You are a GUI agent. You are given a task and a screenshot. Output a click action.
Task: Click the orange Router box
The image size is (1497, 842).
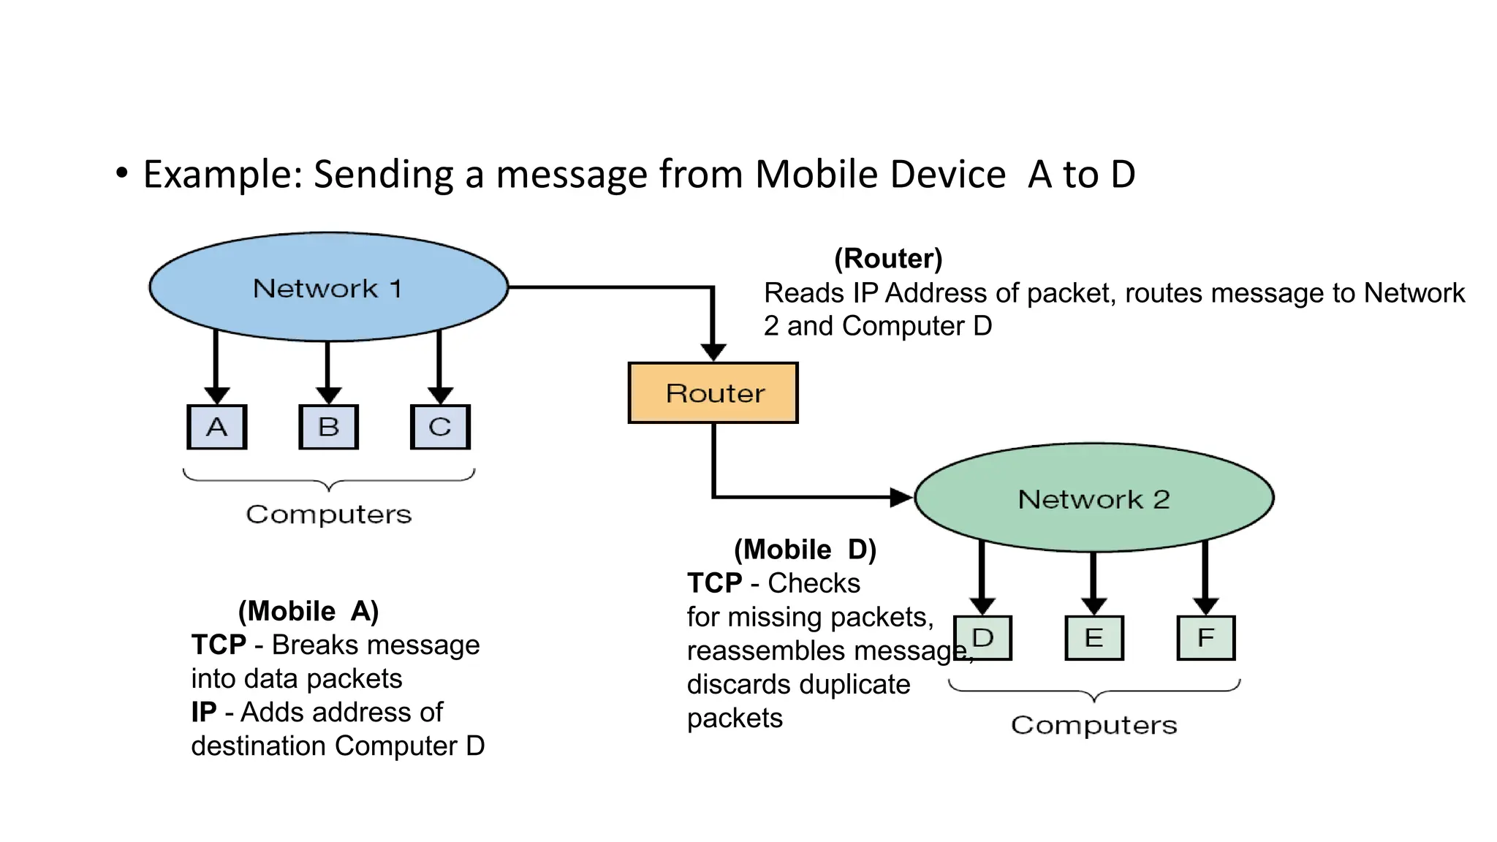[713, 392]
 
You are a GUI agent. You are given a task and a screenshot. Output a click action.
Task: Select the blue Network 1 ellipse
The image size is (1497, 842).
[328, 287]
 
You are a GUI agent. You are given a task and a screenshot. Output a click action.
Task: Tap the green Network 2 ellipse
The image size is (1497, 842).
[1094, 498]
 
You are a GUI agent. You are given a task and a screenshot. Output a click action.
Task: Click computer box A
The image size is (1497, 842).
[217, 427]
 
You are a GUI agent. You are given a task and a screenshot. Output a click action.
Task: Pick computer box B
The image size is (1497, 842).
[328, 427]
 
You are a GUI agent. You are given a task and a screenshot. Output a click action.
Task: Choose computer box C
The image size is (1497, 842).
[440, 427]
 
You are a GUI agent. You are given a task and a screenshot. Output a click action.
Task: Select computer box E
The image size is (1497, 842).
[1094, 638]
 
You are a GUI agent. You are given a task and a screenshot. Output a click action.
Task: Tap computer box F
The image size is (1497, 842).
[1205, 638]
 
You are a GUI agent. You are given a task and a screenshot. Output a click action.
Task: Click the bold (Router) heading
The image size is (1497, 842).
[888, 259]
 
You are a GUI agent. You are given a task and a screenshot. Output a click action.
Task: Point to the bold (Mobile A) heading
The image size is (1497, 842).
[308, 611]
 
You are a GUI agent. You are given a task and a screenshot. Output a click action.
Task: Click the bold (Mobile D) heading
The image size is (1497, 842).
[805, 550]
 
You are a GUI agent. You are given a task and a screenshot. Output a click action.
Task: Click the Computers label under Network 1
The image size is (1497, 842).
[328, 515]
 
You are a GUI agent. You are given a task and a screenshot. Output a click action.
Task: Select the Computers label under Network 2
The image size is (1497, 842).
[1094, 725]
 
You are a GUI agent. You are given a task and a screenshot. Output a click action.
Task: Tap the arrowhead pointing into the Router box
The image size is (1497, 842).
[713, 352]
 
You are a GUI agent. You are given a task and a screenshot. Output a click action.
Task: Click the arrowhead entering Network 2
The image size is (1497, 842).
[901, 498]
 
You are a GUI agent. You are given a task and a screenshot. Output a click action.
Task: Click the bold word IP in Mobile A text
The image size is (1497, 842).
[204, 712]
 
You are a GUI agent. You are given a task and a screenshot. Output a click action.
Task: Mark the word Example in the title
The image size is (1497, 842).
[223, 175]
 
